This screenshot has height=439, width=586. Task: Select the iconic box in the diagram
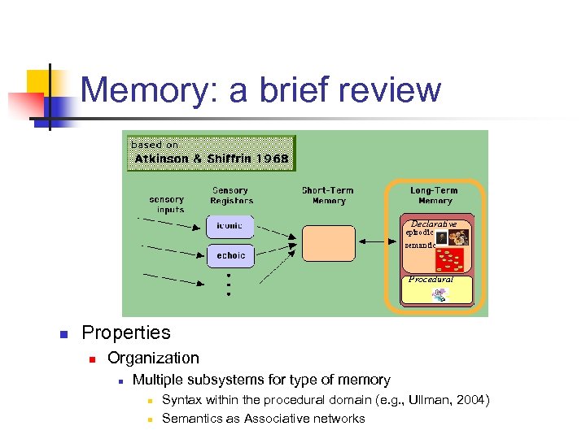click(x=230, y=225)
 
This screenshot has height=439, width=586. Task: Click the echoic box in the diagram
click(x=230, y=255)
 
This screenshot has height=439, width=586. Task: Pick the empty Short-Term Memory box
click(x=329, y=242)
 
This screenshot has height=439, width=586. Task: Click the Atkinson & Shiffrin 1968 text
click(x=212, y=159)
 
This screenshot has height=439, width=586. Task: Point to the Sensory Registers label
click(x=231, y=196)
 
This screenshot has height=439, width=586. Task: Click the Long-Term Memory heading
click(x=435, y=196)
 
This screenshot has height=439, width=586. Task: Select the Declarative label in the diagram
click(x=433, y=224)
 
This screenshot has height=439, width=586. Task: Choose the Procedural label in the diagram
click(x=431, y=279)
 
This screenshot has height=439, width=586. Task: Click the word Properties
click(x=126, y=333)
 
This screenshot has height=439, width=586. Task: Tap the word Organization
click(x=153, y=358)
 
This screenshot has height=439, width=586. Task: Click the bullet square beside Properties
click(x=62, y=333)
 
